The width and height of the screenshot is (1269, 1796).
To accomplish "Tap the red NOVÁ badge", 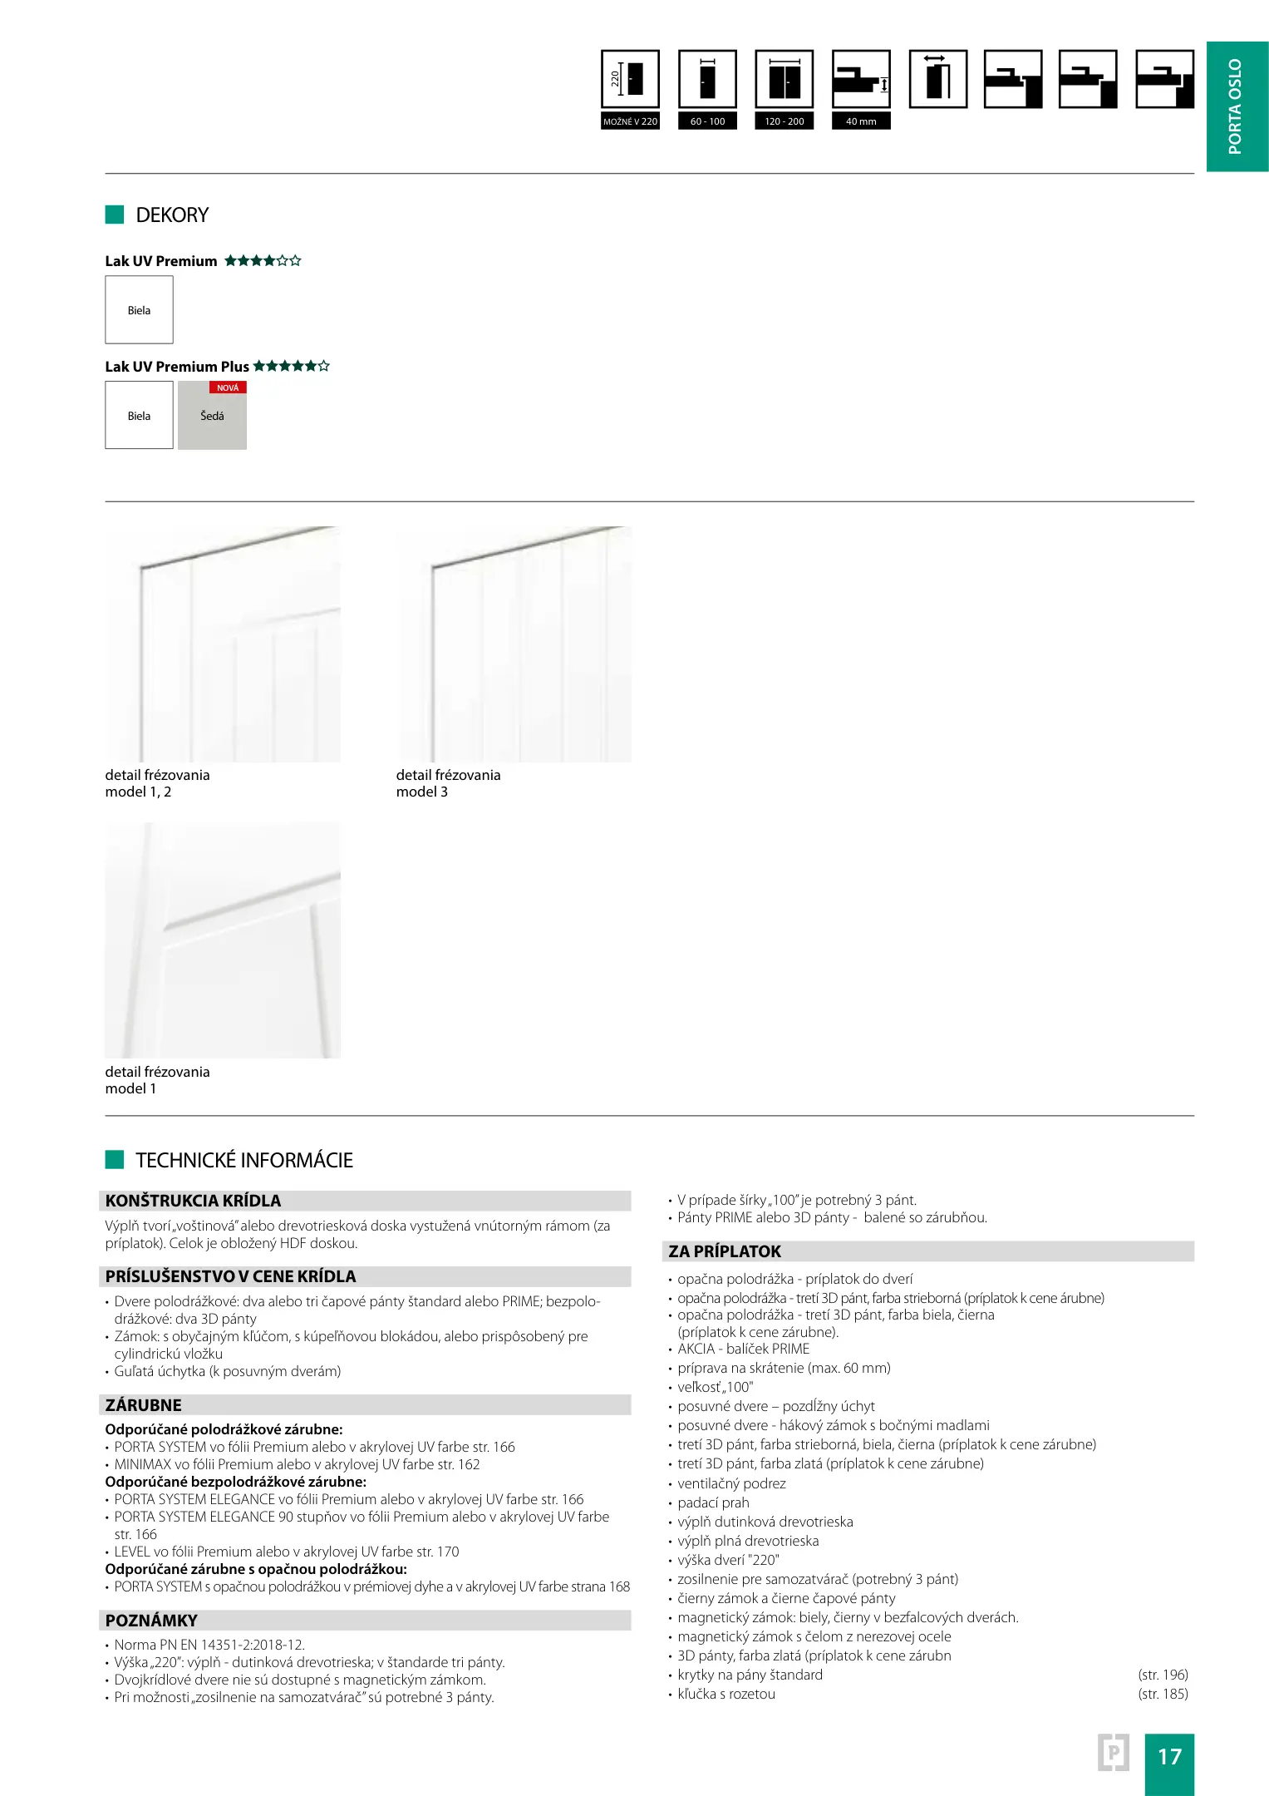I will (228, 387).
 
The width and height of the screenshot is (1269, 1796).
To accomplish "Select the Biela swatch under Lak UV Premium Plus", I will (139, 416).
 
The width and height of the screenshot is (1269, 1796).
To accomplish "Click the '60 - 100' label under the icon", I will (707, 121).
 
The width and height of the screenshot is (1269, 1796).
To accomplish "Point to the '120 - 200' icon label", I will (785, 121).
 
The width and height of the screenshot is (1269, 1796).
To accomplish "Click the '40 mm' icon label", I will (861, 121).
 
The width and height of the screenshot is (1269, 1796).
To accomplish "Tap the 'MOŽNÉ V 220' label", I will (630, 121).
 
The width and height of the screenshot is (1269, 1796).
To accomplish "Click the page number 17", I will (1169, 1756).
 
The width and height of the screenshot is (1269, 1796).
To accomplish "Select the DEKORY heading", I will (172, 215).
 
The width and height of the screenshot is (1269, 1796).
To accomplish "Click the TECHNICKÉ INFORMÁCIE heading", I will (244, 1160).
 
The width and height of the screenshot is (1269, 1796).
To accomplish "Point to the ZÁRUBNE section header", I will (144, 1405).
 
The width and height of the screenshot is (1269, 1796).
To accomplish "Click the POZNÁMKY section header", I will (151, 1621).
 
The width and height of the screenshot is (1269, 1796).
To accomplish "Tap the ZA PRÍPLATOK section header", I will (725, 1251).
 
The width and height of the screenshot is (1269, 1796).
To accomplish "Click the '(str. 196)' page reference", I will (1163, 1675).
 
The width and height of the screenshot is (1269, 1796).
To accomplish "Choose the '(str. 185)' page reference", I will (1163, 1694).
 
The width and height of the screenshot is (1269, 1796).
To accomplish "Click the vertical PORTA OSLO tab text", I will (1236, 106).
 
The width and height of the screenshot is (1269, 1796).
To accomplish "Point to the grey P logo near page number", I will (1114, 1753).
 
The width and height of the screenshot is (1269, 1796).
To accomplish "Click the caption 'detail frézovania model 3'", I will (448, 783).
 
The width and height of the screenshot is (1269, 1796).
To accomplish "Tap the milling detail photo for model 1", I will (223, 940).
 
